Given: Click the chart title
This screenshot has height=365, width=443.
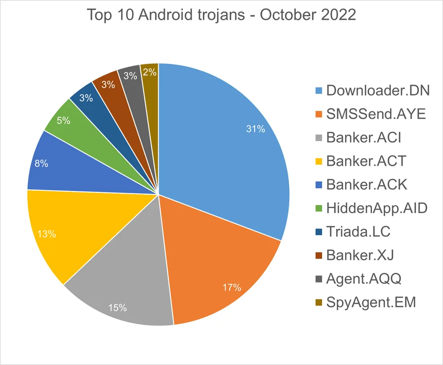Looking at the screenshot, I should pos(221,15).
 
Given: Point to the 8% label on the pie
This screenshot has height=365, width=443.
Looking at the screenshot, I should pos(41,164).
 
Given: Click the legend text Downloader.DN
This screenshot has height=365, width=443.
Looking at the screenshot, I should pos(378,90).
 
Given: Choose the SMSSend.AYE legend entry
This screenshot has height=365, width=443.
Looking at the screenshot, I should pos(376,114).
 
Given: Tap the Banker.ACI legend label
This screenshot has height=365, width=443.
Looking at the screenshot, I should pos(363,137).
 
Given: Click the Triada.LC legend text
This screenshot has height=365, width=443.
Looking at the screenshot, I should pos(358,231).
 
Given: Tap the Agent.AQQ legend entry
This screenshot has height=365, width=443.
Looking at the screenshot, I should pos(363,279).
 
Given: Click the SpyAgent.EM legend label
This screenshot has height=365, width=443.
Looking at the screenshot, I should pos(371,302).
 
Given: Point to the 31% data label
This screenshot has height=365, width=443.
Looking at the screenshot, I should pos(255,129).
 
